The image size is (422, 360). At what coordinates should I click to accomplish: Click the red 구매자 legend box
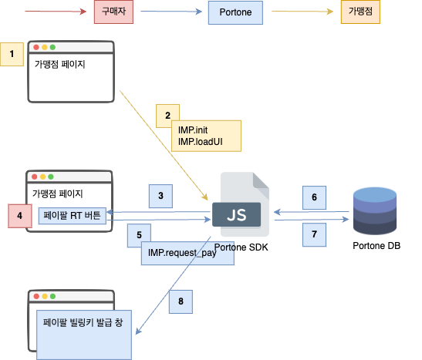tap(114, 13)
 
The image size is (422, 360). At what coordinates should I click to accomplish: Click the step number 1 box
tap(12, 54)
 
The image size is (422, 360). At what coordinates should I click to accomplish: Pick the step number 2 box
tap(167, 116)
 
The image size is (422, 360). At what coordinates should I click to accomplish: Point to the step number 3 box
tap(160, 196)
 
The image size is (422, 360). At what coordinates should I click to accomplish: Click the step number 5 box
tap(139, 235)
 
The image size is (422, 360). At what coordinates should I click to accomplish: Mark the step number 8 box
tap(181, 301)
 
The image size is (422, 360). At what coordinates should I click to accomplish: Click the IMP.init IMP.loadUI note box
tap(208, 136)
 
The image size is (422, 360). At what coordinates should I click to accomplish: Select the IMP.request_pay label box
tap(187, 253)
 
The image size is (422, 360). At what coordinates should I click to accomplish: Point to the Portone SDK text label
tap(241, 247)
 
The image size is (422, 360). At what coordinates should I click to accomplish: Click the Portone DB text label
tap(376, 246)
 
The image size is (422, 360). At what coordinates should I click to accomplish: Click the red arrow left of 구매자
tap(54, 13)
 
